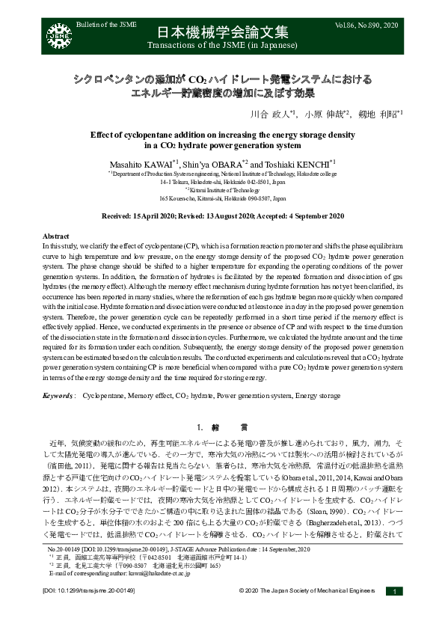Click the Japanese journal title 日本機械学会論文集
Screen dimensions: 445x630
222,32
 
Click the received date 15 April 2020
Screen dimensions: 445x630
169,216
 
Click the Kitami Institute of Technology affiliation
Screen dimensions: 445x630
223,190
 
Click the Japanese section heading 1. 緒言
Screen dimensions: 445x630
222,428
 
